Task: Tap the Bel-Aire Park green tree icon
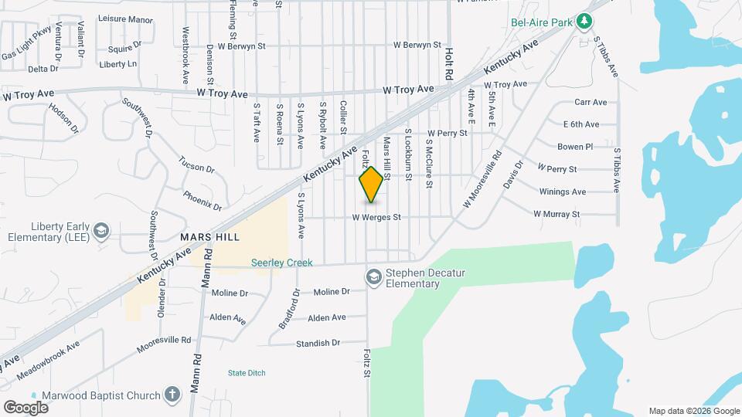(x=585, y=21)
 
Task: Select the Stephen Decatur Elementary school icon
(x=374, y=276)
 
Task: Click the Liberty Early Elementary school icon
(x=100, y=231)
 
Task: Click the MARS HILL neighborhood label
(x=209, y=236)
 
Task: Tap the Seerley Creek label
(x=281, y=263)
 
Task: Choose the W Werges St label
(x=376, y=218)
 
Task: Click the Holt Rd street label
(x=449, y=64)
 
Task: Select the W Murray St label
(x=556, y=214)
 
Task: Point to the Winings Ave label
(x=563, y=192)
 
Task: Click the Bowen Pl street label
(x=575, y=146)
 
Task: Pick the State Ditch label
(x=247, y=373)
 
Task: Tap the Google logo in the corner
(x=26, y=407)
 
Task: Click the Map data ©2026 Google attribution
(x=694, y=411)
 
